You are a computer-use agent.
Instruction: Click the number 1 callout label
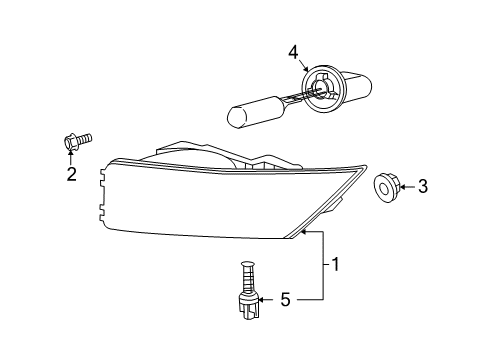click(x=337, y=264)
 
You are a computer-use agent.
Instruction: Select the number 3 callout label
click(x=422, y=185)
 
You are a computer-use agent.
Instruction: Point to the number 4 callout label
click(x=293, y=51)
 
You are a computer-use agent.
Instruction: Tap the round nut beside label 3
click(x=385, y=185)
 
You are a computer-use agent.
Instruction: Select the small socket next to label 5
click(x=247, y=301)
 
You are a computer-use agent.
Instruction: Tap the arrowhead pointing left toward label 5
click(x=262, y=297)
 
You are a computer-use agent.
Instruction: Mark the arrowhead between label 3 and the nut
click(x=404, y=185)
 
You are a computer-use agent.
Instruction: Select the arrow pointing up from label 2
click(x=71, y=160)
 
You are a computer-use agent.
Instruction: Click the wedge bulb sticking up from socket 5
click(x=245, y=273)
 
